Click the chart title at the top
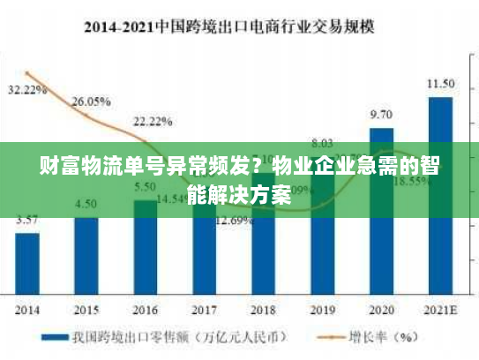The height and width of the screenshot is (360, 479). click(x=239, y=27)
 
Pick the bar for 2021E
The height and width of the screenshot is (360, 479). click(x=440, y=194)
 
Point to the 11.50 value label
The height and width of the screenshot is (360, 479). click(x=440, y=84)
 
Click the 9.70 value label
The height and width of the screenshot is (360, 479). click(x=381, y=115)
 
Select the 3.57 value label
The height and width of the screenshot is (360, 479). click(x=27, y=220)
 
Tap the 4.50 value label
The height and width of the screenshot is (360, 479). click(x=86, y=204)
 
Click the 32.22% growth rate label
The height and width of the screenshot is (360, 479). click(x=26, y=90)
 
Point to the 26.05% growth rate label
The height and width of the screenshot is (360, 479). click(x=92, y=101)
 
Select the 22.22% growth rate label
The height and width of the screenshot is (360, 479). click(x=153, y=121)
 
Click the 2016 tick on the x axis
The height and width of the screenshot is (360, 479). click(x=145, y=310)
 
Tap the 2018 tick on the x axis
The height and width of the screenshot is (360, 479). click(x=263, y=310)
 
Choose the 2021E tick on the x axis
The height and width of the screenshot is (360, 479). click(x=440, y=310)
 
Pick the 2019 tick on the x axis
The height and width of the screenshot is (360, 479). click(x=322, y=310)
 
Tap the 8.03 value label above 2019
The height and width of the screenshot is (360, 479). click(x=322, y=143)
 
